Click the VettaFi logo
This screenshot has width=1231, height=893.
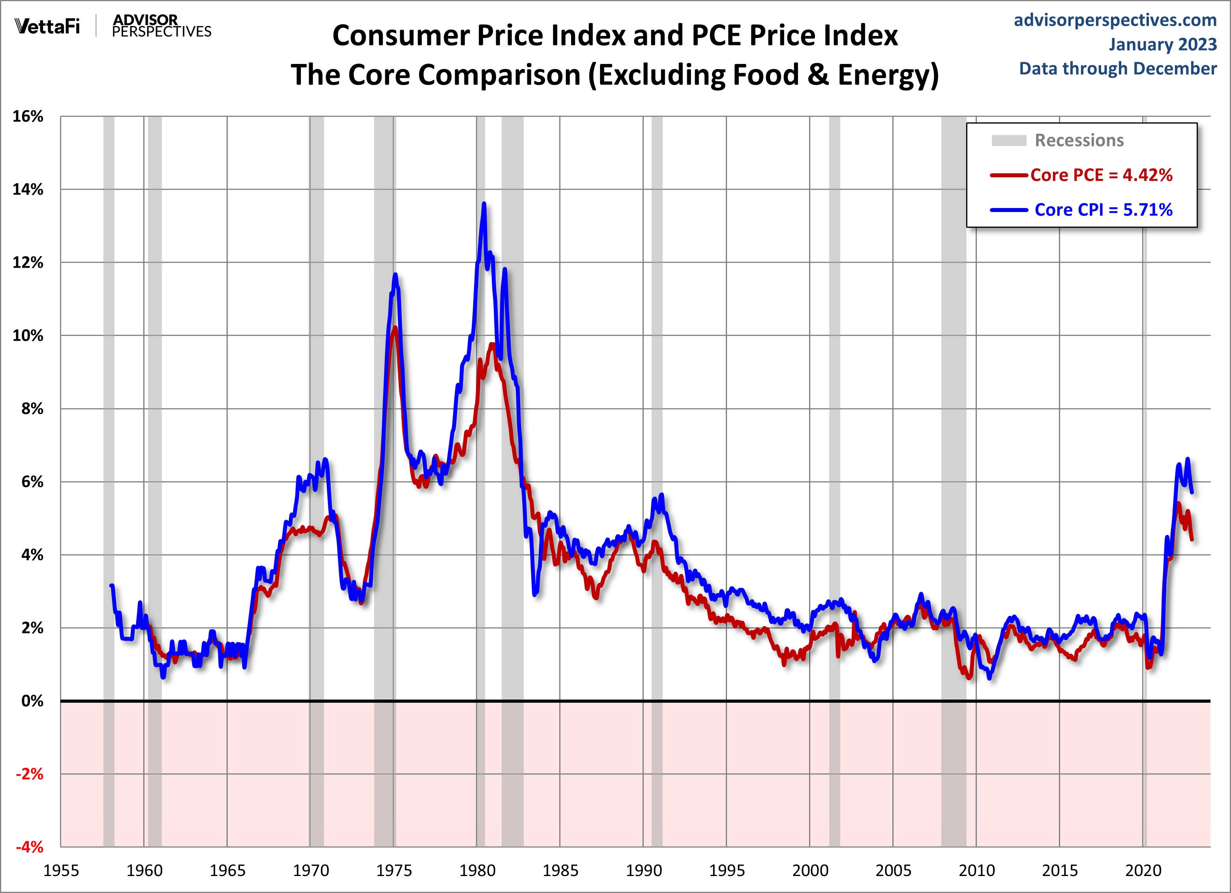[x=47, y=26]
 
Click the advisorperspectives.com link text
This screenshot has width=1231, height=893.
[x=1115, y=20]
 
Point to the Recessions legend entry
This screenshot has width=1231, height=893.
[x=1079, y=141]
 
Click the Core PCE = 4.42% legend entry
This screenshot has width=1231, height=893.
[x=1101, y=175]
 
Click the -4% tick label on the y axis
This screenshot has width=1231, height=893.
[x=29, y=847]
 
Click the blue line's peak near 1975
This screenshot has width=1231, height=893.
[x=395, y=275]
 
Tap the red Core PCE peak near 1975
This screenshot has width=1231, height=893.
[x=395, y=327]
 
